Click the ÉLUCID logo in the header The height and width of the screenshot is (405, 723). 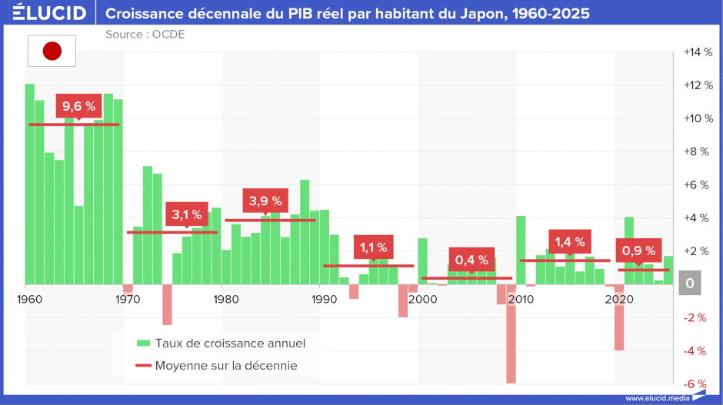coord(49,12)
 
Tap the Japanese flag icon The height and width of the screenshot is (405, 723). coord(52,51)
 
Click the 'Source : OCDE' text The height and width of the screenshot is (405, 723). coord(145,35)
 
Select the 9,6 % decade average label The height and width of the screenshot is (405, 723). coord(79,106)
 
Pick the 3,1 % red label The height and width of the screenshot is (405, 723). coord(187,214)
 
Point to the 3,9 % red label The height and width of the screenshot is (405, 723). coord(265,201)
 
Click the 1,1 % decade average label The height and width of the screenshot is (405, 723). coord(374,247)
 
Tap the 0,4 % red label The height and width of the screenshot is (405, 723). coord(471,260)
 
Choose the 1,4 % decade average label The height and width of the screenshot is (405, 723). coord(570,242)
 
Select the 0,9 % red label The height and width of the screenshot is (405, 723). coord(638,251)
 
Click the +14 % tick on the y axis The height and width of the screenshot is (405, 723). coord(698,52)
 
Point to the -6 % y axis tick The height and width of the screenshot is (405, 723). coord(695,383)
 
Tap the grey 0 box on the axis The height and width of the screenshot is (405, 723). coord(690,283)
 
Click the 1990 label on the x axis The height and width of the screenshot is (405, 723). coord(324,300)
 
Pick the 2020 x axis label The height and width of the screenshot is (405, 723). coord(619,300)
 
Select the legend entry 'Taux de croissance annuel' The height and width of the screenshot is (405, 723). coord(222,344)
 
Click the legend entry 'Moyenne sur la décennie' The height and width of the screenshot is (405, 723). coord(217,365)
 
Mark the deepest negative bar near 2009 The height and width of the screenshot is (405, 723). coord(511,334)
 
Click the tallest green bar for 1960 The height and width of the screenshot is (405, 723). coord(29,184)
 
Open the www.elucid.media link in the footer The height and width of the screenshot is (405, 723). coord(658,398)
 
